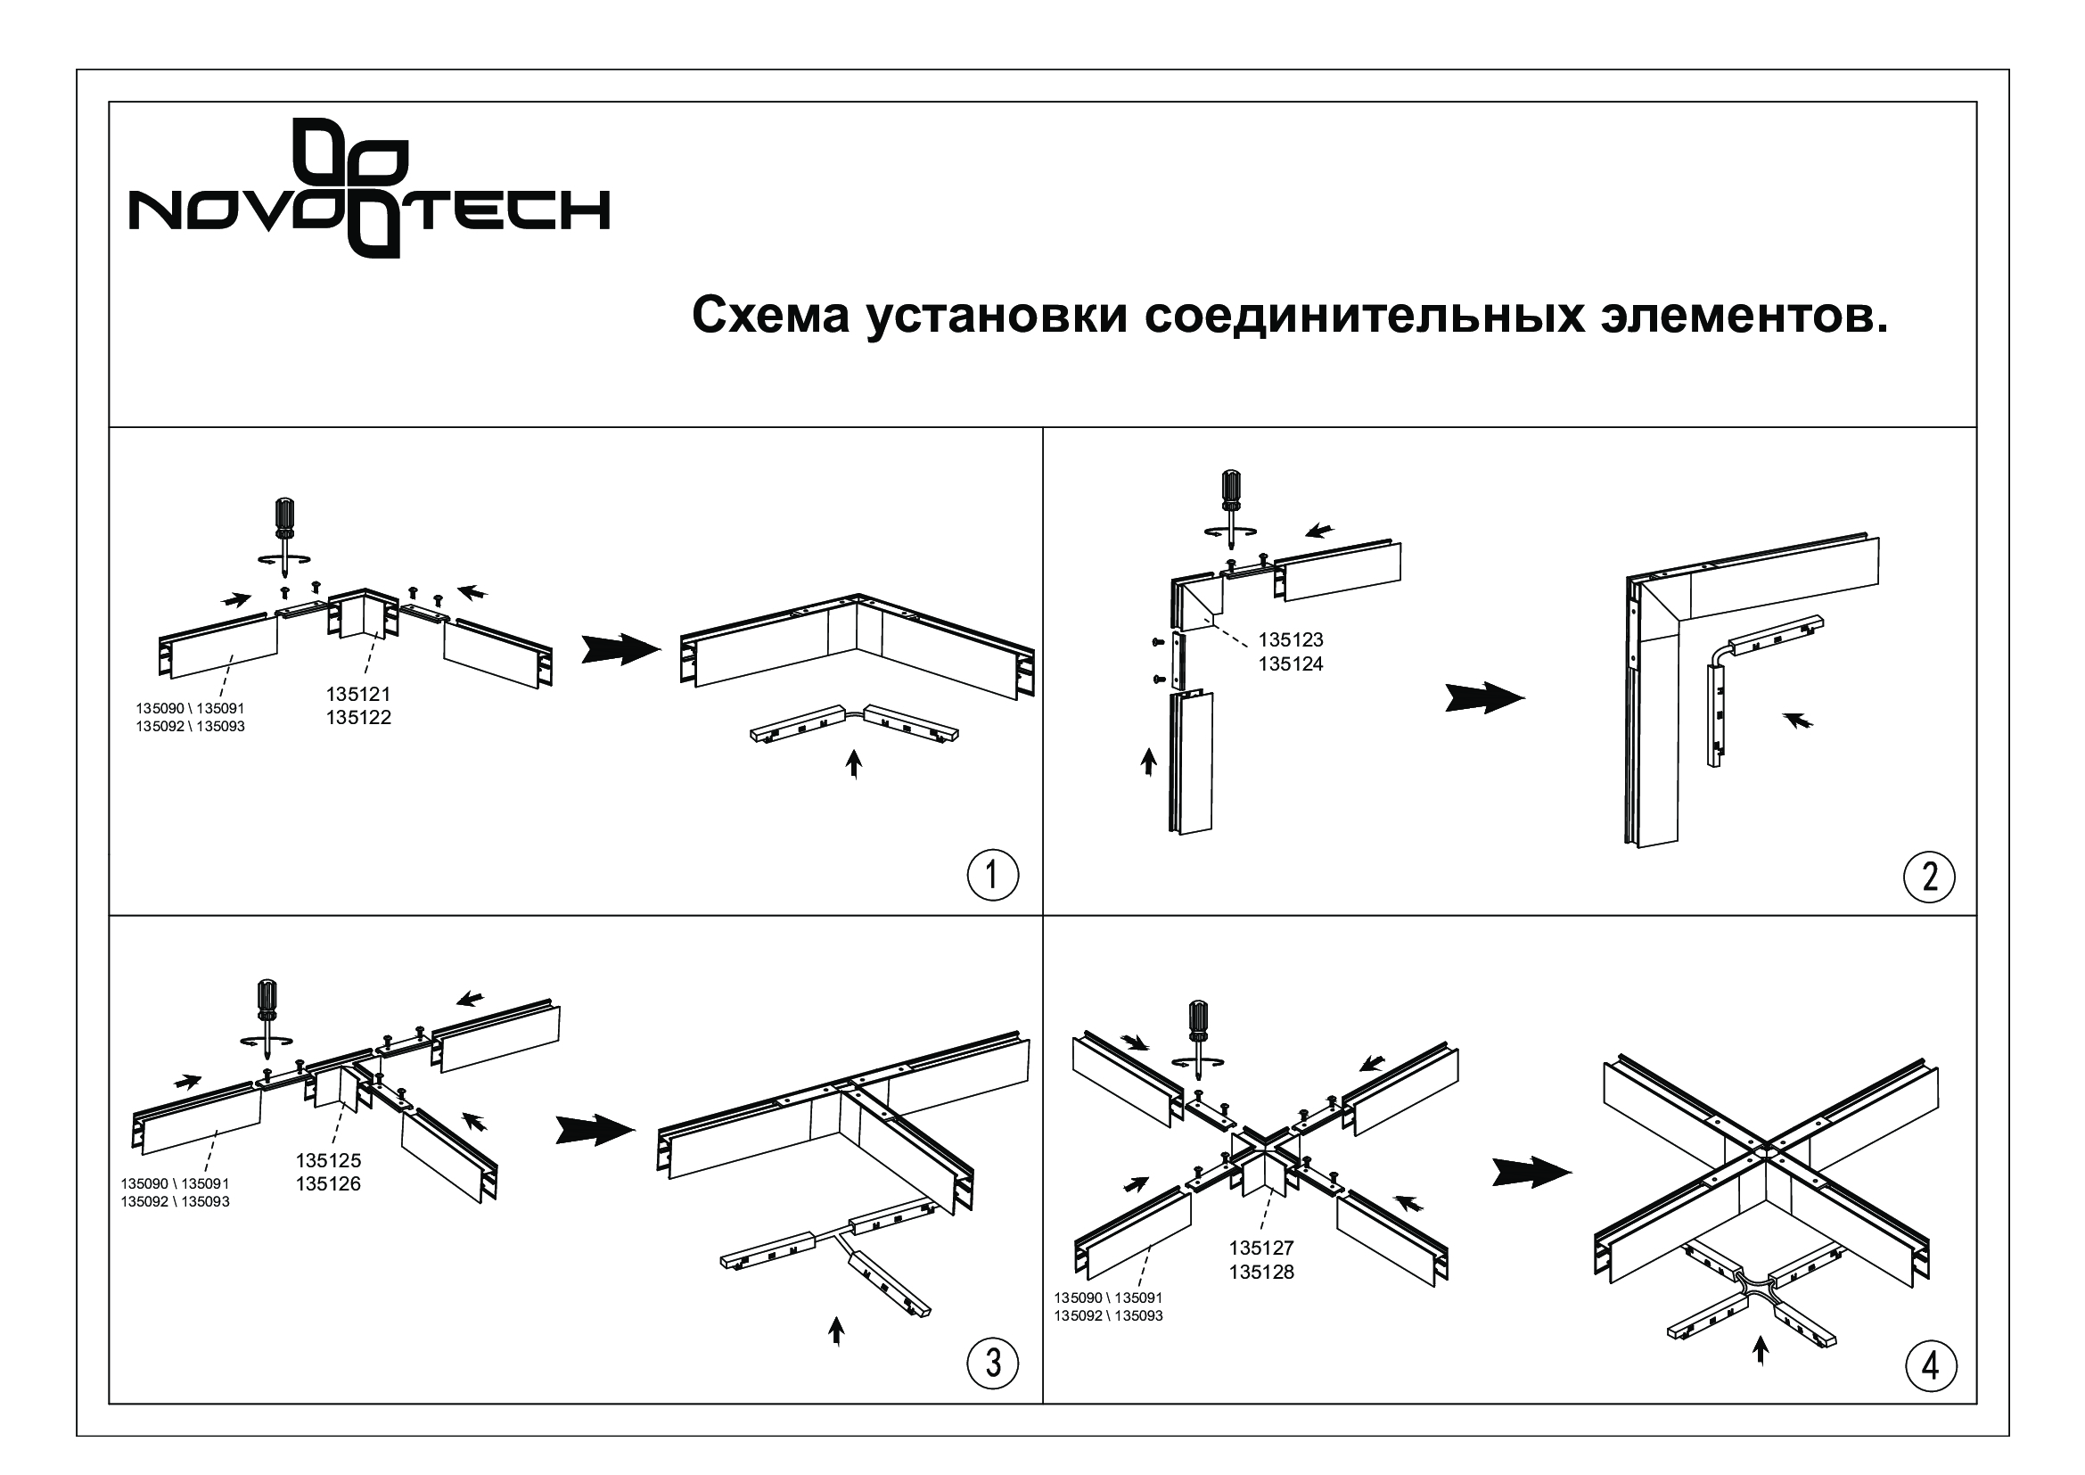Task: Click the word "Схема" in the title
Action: click(771, 316)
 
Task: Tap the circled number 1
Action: click(992, 876)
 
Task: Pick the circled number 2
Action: click(1930, 877)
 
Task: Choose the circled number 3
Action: click(992, 1364)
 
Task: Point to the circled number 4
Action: click(1931, 1365)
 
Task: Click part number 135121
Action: click(358, 694)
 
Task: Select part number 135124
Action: click(1291, 664)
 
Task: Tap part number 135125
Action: click(328, 1160)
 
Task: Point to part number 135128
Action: click(1261, 1272)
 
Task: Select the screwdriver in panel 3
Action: click(268, 1016)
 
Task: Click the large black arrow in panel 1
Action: click(620, 649)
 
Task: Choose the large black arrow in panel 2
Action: click(1485, 697)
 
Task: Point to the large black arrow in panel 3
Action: click(595, 1130)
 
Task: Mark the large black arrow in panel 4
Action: click(1532, 1172)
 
